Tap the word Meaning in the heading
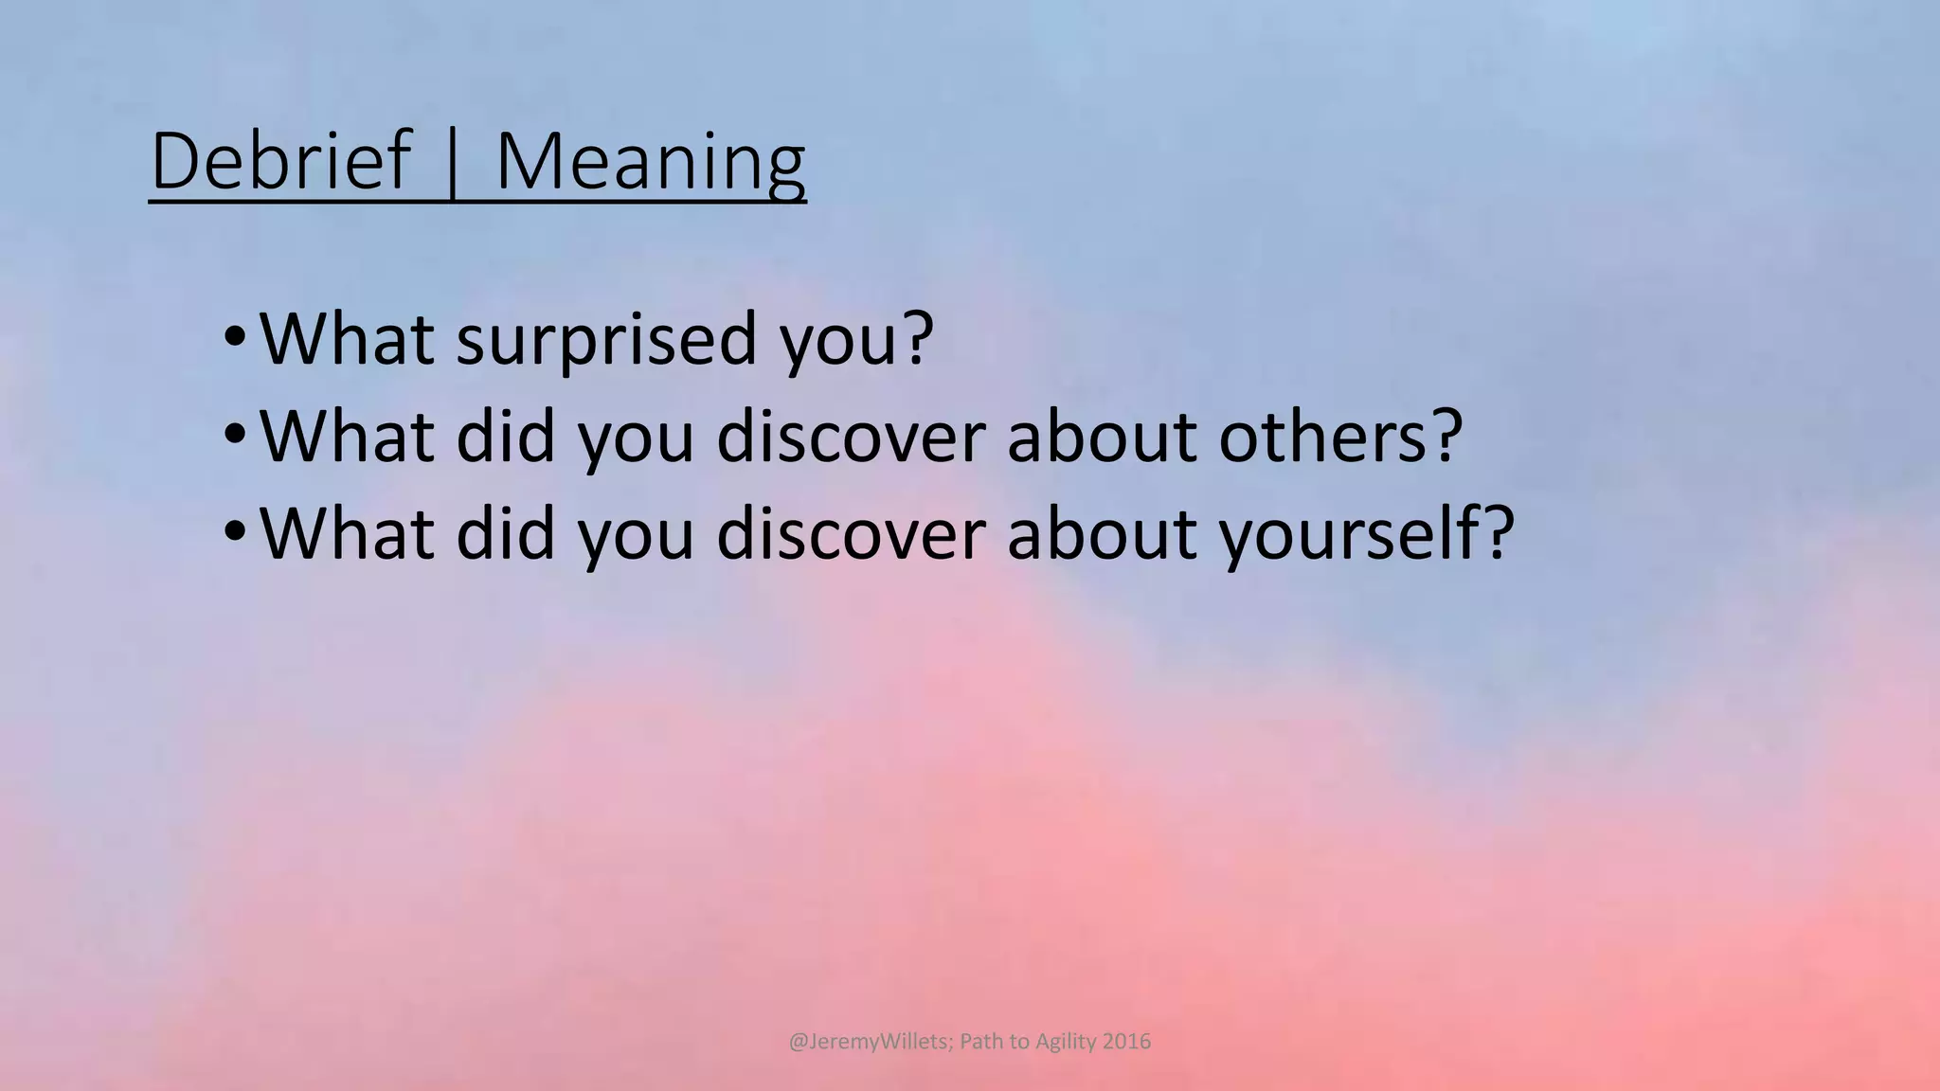click(x=650, y=163)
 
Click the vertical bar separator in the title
click(x=453, y=163)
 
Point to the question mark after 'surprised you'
click(x=916, y=337)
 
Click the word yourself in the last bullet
click(x=1349, y=534)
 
